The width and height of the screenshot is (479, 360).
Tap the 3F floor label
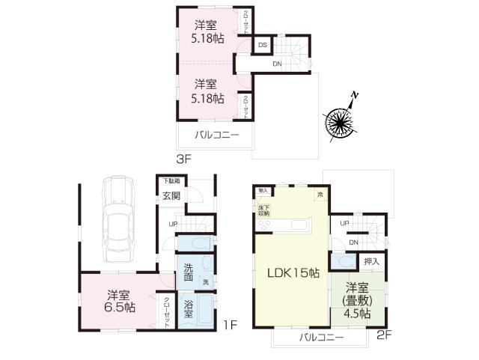[x=184, y=159]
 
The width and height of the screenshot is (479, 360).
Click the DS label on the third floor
[x=263, y=45]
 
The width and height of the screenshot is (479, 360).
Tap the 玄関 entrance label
[x=171, y=196]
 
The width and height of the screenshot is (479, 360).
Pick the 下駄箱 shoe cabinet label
[x=173, y=181]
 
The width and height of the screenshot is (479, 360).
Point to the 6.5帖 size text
[x=120, y=307]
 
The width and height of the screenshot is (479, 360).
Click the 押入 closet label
[x=371, y=261]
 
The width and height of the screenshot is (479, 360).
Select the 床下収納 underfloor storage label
[x=264, y=210]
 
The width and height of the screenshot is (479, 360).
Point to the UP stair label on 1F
[x=173, y=224]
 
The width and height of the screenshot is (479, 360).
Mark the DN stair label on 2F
[x=353, y=241]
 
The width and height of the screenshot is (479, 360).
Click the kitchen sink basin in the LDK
[x=299, y=225]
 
